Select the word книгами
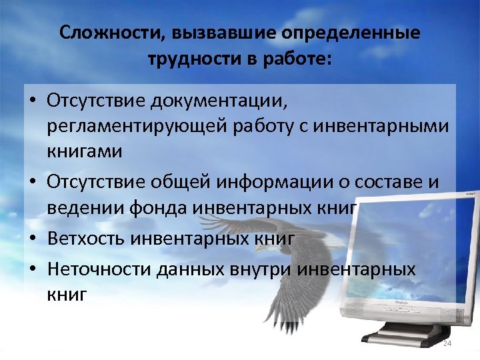(x=84, y=152)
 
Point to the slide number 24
(x=447, y=343)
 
